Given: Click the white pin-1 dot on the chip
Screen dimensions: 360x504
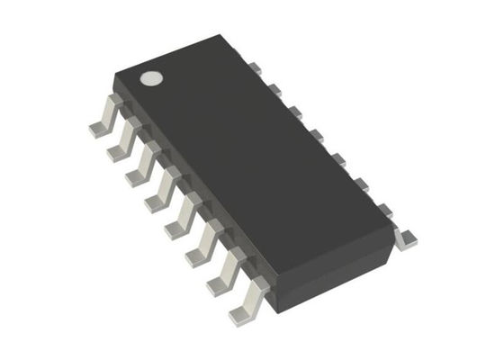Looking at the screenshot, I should coord(152,77).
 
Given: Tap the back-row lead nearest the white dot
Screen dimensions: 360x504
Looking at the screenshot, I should coord(254,67).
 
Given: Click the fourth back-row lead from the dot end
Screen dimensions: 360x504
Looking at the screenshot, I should coord(314,135).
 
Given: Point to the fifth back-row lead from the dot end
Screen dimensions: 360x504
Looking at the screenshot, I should coord(336,159).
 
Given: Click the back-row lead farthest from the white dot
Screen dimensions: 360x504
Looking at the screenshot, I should coord(407,237).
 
